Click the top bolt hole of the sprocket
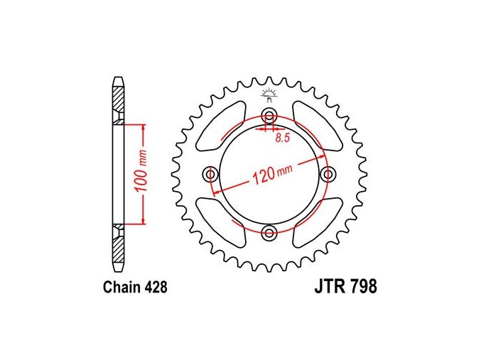pyautogui.click(x=269, y=116)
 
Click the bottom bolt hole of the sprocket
pyautogui.click(x=269, y=233)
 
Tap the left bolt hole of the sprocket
pyautogui.click(x=211, y=175)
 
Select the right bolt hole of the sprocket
pyautogui.click(x=328, y=175)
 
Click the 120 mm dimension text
pyautogui.click(x=271, y=173)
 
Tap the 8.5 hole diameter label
pyautogui.click(x=283, y=138)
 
